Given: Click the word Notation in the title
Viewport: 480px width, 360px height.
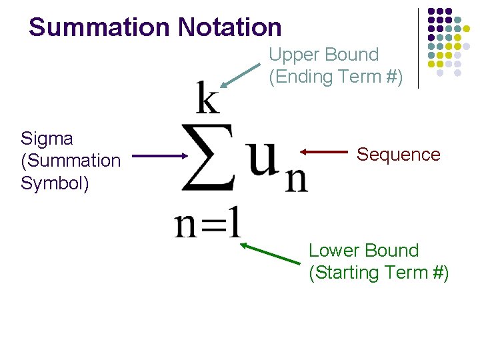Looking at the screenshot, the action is click(230, 27).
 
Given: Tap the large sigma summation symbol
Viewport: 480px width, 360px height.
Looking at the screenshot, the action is click(209, 157).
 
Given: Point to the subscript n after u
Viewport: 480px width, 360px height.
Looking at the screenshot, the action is click(296, 179).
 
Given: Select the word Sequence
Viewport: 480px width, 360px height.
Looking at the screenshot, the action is click(398, 155).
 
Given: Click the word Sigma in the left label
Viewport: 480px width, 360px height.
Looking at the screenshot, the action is click(47, 139).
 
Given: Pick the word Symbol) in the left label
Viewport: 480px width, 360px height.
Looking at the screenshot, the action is click(54, 183).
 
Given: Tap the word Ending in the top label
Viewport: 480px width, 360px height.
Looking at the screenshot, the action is click(304, 77).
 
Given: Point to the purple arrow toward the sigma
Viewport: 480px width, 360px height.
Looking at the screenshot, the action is click(159, 157).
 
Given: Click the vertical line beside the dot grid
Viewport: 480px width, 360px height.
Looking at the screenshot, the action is click(418, 48).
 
